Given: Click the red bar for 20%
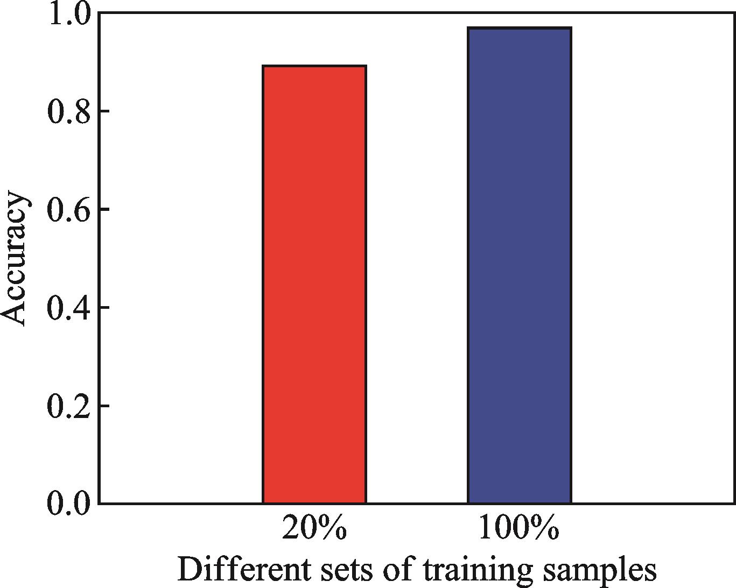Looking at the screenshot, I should pyautogui.click(x=314, y=285).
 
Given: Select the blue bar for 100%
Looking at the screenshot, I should pyautogui.click(x=519, y=266).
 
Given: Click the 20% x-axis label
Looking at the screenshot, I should pyautogui.click(x=314, y=530).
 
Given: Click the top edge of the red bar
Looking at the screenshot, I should pyautogui.click(x=314, y=66).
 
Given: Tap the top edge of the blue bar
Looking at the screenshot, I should pyautogui.click(x=519, y=28).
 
